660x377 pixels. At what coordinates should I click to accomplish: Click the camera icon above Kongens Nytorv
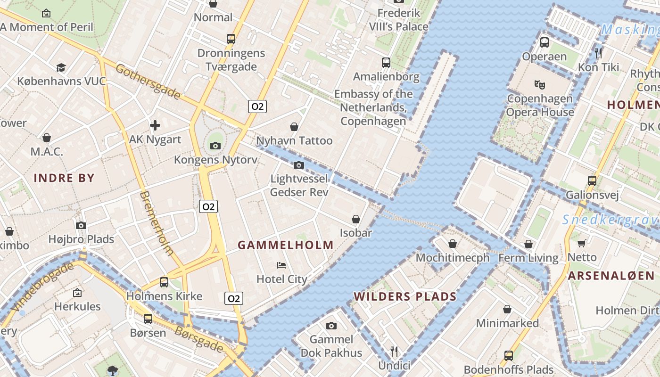215,146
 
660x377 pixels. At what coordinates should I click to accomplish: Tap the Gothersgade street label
148,82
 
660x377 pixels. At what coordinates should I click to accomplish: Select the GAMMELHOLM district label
285,245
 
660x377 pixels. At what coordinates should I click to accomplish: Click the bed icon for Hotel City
281,265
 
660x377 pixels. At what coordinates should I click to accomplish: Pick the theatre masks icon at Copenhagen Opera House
540,85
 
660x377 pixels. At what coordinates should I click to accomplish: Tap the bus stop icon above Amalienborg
386,62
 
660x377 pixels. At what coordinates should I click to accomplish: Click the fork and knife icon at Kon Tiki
599,53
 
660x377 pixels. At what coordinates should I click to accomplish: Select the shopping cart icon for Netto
582,243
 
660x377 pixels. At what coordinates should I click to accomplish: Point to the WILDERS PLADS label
405,296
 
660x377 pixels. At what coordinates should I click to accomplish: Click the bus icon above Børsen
148,319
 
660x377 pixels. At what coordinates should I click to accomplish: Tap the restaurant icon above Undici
394,351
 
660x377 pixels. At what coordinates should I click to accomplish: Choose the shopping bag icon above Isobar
356,219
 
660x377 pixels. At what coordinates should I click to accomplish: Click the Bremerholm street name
157,223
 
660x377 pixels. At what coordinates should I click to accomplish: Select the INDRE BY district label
64,178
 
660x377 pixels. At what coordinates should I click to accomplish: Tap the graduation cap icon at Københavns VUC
61,67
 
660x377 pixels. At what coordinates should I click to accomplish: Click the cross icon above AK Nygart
155,125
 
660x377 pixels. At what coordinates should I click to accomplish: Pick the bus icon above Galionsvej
592,180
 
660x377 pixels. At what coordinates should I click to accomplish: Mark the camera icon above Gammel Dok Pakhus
331,326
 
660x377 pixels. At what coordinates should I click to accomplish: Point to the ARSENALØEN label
611,276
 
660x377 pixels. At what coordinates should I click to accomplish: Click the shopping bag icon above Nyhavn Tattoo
294,127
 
